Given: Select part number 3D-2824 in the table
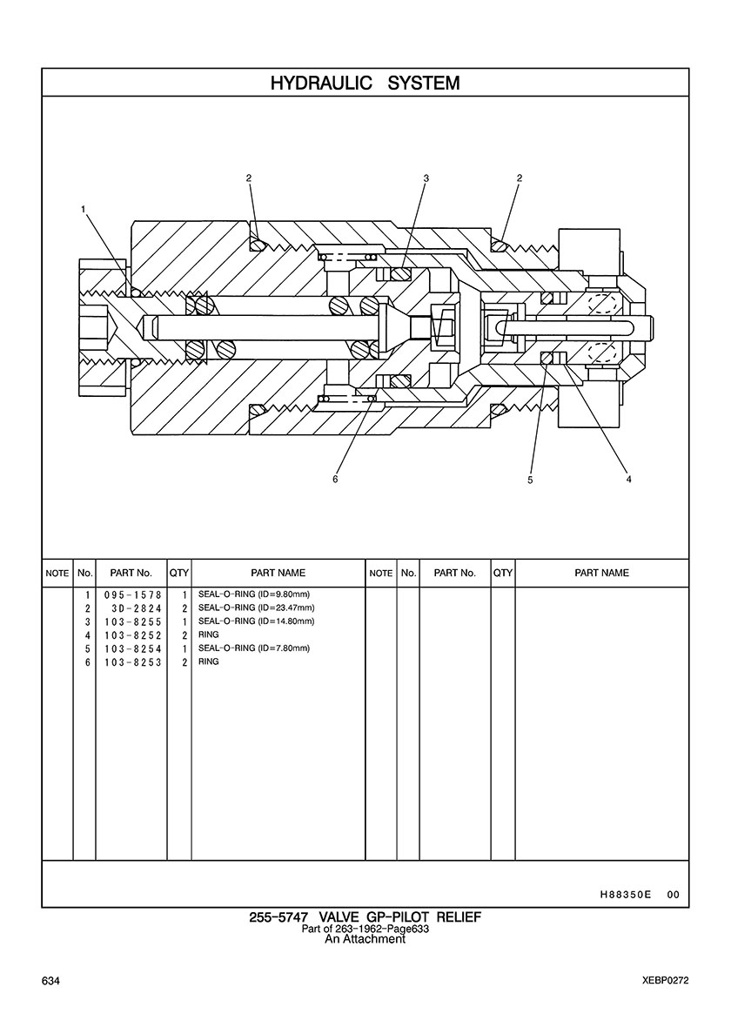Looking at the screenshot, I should [x=132, y=608].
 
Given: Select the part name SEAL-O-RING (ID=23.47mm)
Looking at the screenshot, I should [x=256, y=608].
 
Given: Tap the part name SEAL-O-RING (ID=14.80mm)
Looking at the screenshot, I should [x=256, y=621].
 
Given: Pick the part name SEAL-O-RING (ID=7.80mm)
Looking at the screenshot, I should [x=254, y=648].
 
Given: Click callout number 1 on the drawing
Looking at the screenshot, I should [x=84, y=209].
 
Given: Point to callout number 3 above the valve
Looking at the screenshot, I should [x=426, y=178].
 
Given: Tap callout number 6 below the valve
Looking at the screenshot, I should [x=335, y=479].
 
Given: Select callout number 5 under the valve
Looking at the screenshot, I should [x=530, y=479].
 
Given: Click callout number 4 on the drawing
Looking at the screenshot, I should [x=628, y=479].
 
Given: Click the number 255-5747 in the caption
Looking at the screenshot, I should [x=280, y=917].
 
